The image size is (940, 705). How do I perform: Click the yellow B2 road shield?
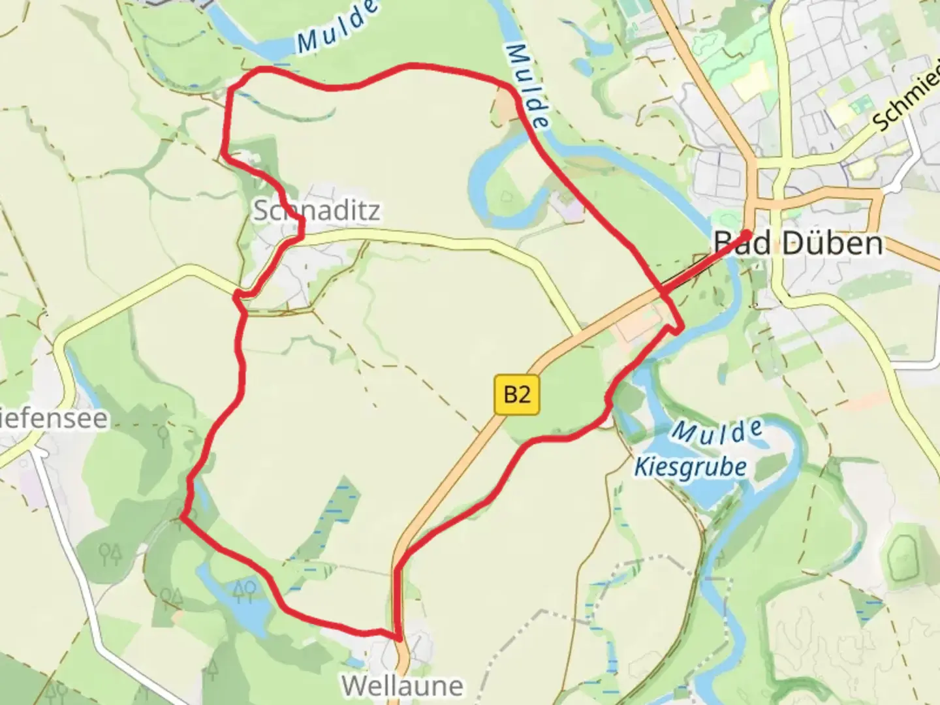click(x=517, y=394)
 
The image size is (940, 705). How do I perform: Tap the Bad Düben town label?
click(x=798, y=243)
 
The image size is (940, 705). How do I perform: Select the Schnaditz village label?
click(x=316, y=211)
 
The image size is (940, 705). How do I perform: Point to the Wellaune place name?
click(x=402, y=685)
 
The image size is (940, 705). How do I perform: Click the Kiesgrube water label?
click(x=691, y=467)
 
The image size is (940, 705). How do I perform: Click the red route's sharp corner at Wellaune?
click(x=396, y=636)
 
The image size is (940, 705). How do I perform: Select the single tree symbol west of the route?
click(x=163, y=434)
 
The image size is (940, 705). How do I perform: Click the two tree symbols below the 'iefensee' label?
click(x=110, y=555)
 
